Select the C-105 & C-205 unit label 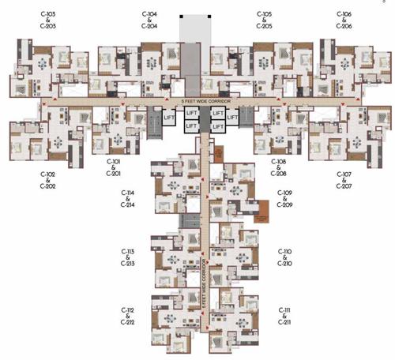264,20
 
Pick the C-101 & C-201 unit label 115,167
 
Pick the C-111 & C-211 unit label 284,316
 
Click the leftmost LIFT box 168,117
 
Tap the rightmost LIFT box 233,117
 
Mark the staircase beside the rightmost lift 247,121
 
